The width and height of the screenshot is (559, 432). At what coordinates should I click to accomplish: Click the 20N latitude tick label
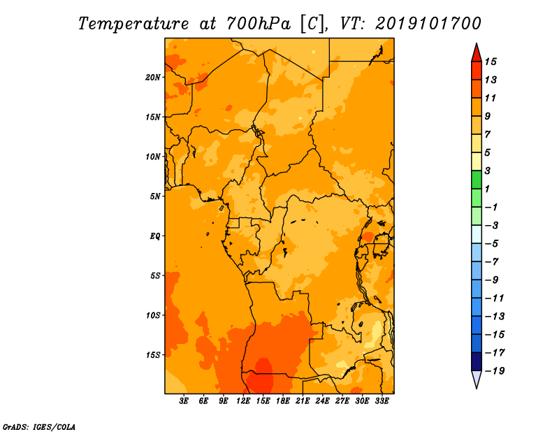153,78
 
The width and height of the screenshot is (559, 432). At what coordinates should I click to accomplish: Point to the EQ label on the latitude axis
155,236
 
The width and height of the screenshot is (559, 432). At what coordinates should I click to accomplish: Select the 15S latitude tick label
153,355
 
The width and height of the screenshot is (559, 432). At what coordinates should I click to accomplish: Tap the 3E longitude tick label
184,401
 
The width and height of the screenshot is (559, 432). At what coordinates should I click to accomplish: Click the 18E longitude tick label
283,401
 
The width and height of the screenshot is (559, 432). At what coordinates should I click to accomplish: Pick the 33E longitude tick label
382,401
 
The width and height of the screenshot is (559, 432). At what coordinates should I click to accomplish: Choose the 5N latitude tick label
155,196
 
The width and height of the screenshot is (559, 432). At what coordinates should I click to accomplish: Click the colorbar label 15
491,62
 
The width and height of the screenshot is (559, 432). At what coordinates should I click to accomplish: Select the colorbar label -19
495,371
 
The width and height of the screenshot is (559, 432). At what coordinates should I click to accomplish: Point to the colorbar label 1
487,189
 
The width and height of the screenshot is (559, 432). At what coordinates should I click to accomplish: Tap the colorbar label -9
492,280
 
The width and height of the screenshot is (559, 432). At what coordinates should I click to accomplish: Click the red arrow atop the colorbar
477,53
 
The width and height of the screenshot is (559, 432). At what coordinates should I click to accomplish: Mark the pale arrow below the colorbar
477,379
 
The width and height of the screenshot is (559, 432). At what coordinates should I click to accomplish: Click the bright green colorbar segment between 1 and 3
477,180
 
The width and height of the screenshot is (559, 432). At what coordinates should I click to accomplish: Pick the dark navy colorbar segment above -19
477,361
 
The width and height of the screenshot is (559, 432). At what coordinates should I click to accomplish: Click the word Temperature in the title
133,24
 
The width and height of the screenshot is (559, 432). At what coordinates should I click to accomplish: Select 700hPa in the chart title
259,24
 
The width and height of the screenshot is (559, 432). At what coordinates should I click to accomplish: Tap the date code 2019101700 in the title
428,24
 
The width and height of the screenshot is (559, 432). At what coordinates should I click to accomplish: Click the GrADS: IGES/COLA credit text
39,426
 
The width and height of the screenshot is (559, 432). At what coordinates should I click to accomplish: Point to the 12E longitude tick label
243,401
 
